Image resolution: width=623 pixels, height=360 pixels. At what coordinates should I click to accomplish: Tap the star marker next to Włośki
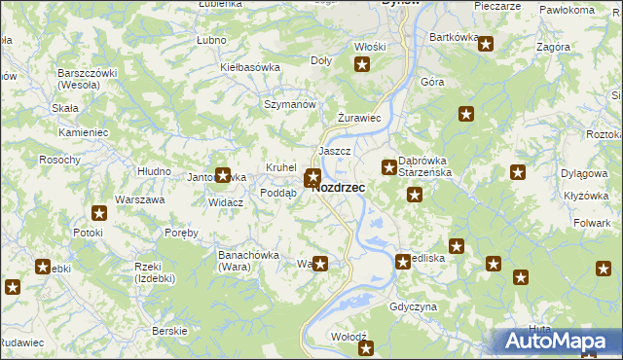tap(363, 65)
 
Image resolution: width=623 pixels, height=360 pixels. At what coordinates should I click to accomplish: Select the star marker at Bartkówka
tap(485, 44)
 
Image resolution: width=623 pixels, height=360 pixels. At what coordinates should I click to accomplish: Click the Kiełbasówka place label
tap(250, 67)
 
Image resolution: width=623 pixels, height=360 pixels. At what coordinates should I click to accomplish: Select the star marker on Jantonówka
tap(223, 175)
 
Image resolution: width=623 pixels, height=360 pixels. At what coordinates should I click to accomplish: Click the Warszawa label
tap(140, 199)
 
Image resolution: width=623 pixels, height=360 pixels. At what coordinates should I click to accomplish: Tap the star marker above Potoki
tap(99, 213)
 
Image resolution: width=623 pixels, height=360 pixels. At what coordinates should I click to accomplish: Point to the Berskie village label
tap(170, 331)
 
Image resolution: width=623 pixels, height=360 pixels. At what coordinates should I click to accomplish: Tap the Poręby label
tap(181, 233)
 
